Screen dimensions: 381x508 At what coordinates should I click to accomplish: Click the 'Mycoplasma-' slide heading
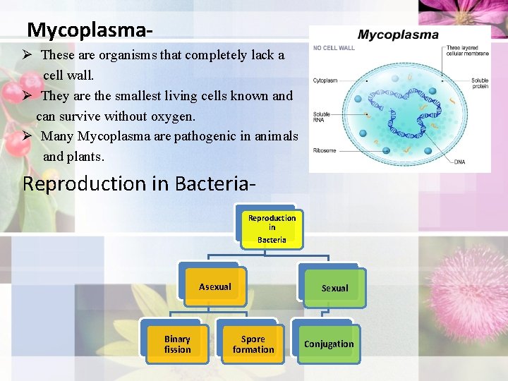coord(89,30)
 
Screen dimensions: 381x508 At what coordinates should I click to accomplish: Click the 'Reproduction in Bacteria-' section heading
coord(138,183)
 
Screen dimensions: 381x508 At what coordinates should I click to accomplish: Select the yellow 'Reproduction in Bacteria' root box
coord(272,229)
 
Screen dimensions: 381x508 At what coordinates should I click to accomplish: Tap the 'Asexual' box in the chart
coord(214,286)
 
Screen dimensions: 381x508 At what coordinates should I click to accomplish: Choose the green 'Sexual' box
coord(334,288)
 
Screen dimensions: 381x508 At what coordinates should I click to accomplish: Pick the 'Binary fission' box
coord(177,344)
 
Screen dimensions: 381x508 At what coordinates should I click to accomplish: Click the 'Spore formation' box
coord(253,344)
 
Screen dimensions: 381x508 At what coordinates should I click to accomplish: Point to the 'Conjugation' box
coord(329,344)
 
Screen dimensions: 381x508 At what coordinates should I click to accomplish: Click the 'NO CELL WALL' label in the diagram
coord(334,48)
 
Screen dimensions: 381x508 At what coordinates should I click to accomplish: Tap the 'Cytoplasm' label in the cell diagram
coord(325,80)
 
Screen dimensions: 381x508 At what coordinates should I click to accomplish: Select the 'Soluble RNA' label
coord(321,117)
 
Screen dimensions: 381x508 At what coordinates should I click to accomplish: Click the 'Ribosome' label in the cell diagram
coord(325,150)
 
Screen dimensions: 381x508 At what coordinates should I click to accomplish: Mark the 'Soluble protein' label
coord(480,83)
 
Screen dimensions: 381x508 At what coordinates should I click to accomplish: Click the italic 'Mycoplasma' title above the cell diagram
coord(398,35)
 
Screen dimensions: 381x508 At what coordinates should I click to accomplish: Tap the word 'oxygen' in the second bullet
coord(174,116)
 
